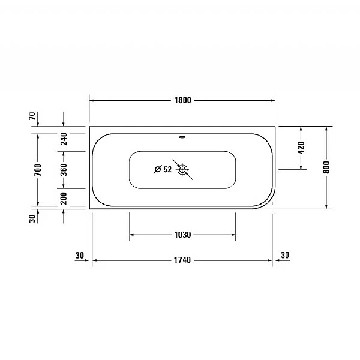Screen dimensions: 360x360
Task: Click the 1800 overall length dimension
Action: pos(182,100)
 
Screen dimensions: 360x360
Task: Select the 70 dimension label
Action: pos(32,116)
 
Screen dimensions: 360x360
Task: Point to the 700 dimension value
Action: pos(37,170)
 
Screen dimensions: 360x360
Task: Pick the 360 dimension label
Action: pos(64,170)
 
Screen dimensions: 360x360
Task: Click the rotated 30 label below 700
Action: pos(32,218)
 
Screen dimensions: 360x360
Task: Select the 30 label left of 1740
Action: pos(80,255)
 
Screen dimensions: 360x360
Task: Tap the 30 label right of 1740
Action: pos(285,255)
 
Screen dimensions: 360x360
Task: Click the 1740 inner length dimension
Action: pos(182,260)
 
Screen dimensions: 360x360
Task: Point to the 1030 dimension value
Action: pos(182,234)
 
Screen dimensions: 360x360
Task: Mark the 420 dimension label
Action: pos(301,146)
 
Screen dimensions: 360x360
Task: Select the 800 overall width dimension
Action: pos(327,167)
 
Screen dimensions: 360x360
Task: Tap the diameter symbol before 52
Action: pos(157,170)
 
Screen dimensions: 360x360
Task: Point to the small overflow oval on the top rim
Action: pos(182,136)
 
